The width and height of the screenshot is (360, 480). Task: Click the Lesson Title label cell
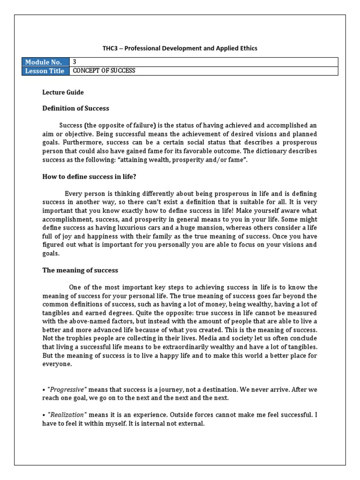[45, 71]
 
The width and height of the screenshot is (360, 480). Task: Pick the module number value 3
[74, 62]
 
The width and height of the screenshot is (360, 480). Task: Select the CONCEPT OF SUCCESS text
[103, 71]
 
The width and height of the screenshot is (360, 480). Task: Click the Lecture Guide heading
[63, 93]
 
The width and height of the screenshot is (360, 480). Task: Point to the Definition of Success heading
[76, 108]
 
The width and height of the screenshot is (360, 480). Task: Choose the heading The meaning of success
[80, 270]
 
